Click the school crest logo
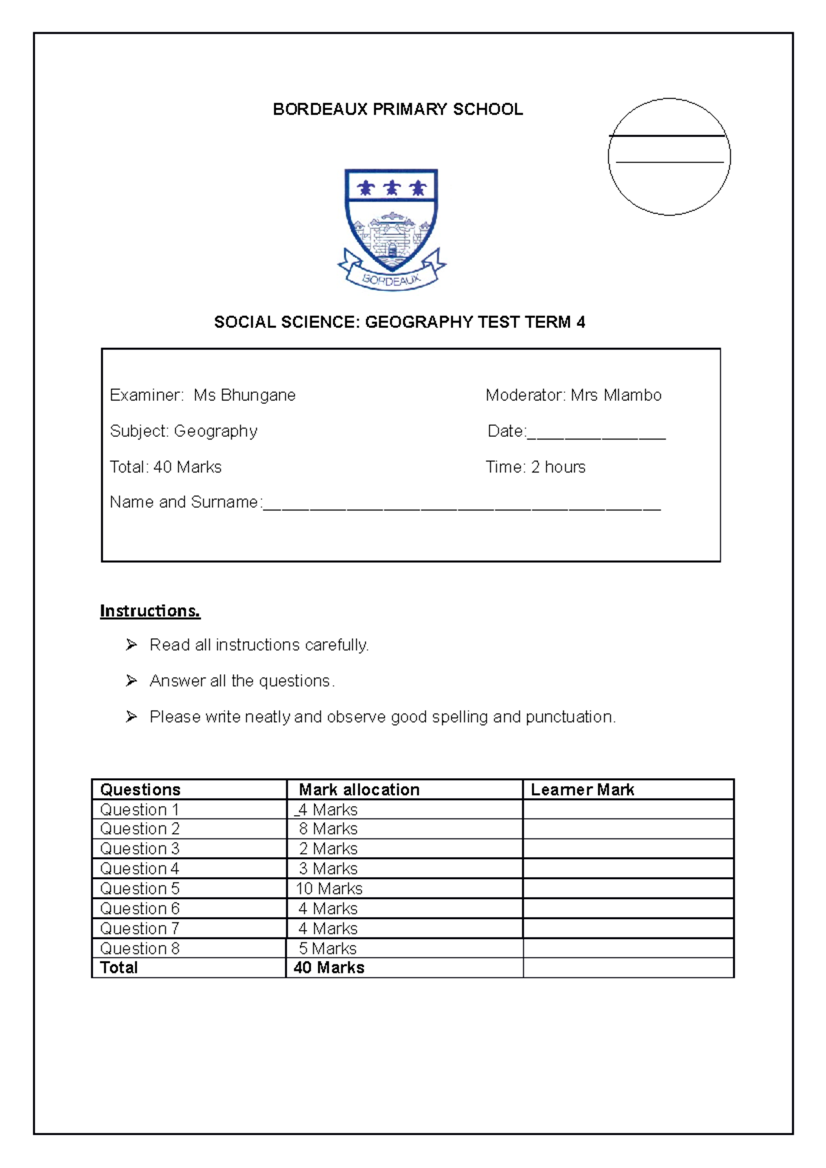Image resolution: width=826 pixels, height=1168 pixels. pyautogui.click(x=392, y=229)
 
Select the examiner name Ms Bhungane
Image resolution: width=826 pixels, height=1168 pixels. pyautogui.click(x=244, y=396)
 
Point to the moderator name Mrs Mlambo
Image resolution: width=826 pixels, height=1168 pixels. pyautogui.click(x=616, y=396)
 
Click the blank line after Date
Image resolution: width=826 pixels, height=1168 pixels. pyautogui.click(x=596, y=433)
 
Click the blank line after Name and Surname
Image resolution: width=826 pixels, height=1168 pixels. pyautogui.click(x=461, y=505)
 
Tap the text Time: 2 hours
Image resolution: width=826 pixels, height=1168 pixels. pyautogui.click(x=536, y=467)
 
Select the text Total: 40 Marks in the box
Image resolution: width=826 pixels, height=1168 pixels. pyautogui.click(x=166, y=467)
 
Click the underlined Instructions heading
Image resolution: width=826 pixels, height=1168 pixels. pyautogui.click(x=150, y=611)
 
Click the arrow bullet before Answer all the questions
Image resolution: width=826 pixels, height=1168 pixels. pyautogui.click(x=131, y=681)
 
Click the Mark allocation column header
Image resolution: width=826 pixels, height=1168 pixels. pyautogui.click(x=359, y=790)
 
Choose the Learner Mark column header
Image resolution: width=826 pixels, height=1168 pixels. pyautogui.click(x=582, y=790)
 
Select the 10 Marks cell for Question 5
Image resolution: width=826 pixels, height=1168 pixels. pyautogui.click(x=329, y=889)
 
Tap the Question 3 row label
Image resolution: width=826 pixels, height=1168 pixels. pyautogui.click(x=140, y=849)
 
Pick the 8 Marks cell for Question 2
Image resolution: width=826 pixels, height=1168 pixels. pyautogui.click(x=328, y=829)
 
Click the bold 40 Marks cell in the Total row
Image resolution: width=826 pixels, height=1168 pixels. pyautogui.click(x=329, y=968)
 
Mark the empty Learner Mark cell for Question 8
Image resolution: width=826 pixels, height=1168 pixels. pyautogui.click(x=628, y=949)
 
